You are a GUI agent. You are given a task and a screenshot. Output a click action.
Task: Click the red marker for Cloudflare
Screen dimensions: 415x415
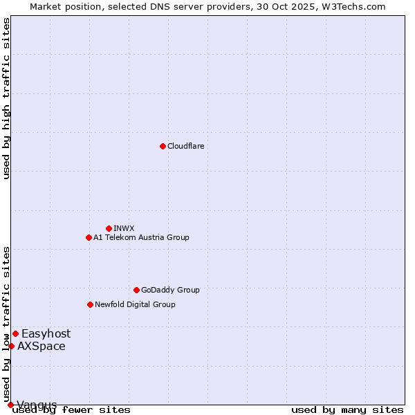pos(163,146)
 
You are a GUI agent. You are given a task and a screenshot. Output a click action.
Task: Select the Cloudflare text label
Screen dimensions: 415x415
pos(186,146)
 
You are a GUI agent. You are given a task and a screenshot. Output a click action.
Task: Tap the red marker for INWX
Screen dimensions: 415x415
pos(109,228)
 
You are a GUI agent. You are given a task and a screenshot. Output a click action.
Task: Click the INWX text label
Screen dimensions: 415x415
pos(124,228)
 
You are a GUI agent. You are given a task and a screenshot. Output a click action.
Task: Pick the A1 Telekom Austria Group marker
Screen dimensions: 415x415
pos(89,237)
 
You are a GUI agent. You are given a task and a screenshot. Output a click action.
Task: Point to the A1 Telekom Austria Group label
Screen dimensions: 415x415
pos(141,237)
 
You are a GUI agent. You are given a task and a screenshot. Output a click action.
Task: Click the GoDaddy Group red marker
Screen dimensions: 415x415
pos(136,290)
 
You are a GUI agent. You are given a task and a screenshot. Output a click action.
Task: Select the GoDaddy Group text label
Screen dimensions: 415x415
pos(170,290)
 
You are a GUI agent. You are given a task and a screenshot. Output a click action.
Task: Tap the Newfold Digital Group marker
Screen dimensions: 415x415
pos(90,304)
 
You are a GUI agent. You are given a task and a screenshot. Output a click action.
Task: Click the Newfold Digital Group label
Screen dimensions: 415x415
pos(135,304)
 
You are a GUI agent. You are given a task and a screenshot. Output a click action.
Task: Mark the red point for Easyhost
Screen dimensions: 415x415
pos(15,333)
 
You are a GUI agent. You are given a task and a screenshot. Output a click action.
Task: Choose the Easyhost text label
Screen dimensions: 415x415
pos(46,333)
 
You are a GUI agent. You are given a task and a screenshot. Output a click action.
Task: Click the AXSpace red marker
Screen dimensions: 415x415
pos(11,346)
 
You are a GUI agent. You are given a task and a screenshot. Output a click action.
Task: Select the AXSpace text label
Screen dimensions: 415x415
pos(41,346)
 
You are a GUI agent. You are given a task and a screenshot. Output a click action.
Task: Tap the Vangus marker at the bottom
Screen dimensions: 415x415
pos(10,405)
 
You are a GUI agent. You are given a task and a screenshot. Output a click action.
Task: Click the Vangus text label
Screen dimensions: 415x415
pos(37,405)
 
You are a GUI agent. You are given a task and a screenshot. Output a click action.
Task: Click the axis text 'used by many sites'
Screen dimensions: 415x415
pos(347,410)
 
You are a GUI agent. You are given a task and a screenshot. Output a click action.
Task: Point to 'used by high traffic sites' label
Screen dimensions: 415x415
pos(7,98)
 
